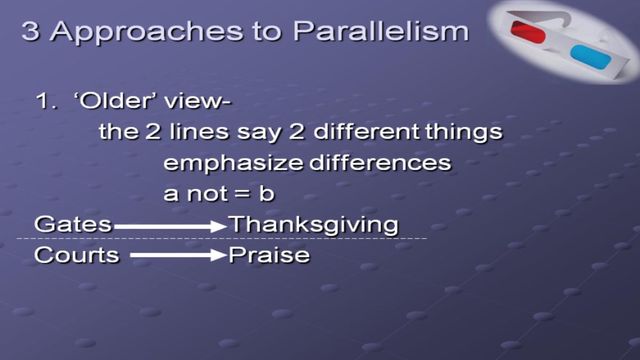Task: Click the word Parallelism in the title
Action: tap(381, 31)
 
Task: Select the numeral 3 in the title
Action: tap(30, 31)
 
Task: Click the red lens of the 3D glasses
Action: tap(527, 32)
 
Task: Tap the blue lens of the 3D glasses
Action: tap(590, 57)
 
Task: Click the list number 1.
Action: tap(46, 101)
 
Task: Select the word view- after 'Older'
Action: tap(198, 101)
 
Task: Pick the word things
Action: tap(463, 132)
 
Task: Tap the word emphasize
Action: tap(233, 164)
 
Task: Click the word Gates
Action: tap(73, 224)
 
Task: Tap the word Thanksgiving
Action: tap(314, 226)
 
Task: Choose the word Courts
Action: tap(77, 255)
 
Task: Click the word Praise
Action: tap(269, 255)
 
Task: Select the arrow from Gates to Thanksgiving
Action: tap(171, 226)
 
